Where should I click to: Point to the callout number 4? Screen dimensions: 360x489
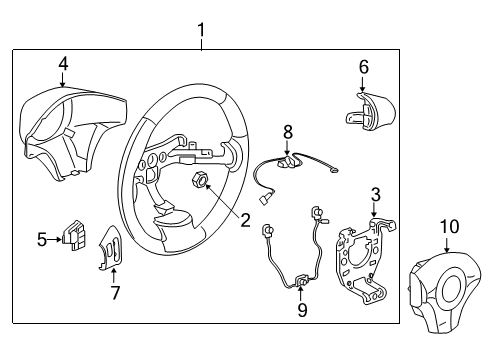(63, 63)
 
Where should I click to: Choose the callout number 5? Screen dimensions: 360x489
(43, 239)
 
